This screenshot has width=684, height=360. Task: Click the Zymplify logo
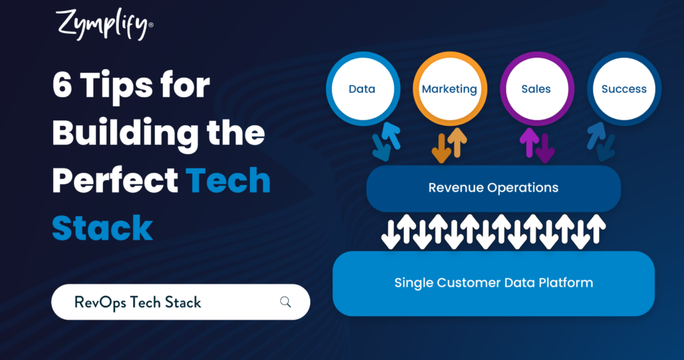104,25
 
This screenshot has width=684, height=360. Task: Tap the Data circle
363,89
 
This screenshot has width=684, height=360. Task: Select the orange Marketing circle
450,89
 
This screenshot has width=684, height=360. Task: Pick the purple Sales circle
536,89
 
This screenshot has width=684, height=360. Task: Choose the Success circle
624,89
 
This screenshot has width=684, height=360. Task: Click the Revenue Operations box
493,188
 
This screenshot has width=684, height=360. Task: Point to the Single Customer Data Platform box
493,283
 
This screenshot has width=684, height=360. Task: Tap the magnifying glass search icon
285,302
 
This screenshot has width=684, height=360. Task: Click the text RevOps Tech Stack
138,302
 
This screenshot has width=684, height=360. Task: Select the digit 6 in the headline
62,85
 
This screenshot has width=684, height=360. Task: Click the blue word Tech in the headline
228,180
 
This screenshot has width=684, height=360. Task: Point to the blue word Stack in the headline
102,228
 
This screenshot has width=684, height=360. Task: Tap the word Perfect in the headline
115,180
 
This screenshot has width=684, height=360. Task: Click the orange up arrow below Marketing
457,143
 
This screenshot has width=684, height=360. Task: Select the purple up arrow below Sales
529,143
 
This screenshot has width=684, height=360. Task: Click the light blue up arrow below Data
391,135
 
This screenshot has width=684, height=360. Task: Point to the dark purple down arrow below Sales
545,148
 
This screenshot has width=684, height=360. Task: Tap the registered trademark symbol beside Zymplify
151,25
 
